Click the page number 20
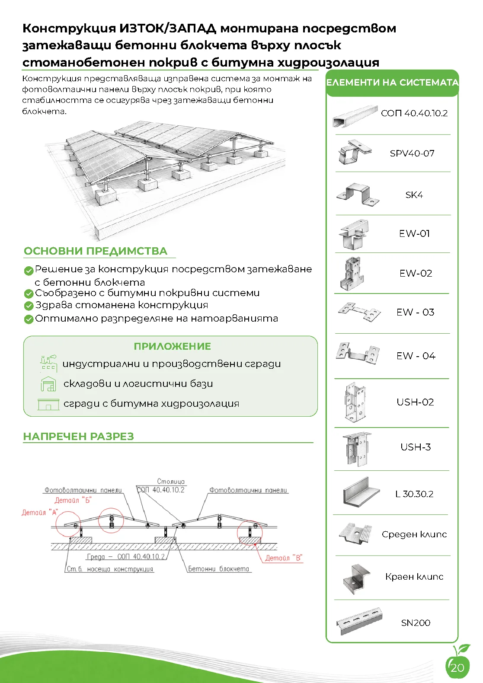(x=457, y=667)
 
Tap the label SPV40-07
(x=412, y=153)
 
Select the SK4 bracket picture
(x=358, y=194)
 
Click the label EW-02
(x=416, y=273)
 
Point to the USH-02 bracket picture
(x=355, y=402)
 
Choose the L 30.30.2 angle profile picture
(x=361, y=492)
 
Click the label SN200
(x=416, y=622)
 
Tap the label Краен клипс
(x=414, y=577)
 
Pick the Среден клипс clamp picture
(x=355, y=533)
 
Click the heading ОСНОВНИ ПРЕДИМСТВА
(x=96, y=251)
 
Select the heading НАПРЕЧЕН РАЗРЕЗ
(x=79, y=436)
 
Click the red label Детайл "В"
(x=284, y=558)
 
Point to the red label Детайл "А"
(x=40, y=512)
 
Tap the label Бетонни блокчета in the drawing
(x=218, y=568)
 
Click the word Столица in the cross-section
(x=171, y=482)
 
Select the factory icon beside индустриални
(x=48, y=363)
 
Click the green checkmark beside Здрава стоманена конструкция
(x=29, y=306)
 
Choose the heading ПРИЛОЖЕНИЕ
(x=172, y=346)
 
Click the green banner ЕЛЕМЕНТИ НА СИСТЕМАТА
(x=392, y=83)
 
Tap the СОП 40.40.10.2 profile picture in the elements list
(x=355, y=116)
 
